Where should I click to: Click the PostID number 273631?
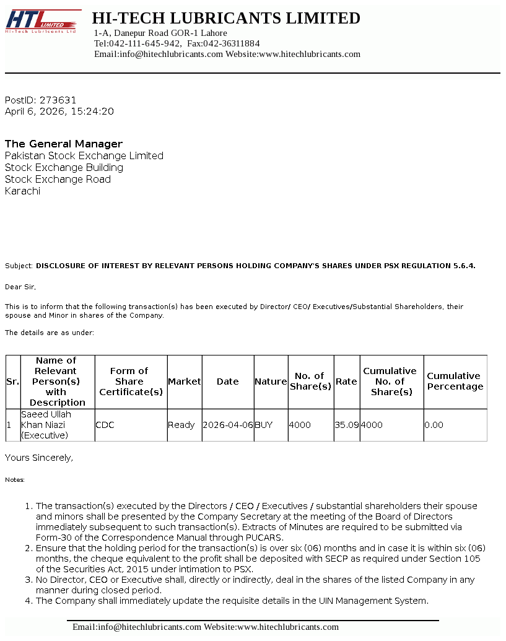pos(58,100)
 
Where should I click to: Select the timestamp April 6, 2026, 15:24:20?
pos(59,111)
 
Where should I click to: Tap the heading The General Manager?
pos(64,144)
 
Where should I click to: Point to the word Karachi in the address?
pos(22,191)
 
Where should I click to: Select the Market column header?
pos(185,382)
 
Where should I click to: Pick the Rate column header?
pos(346,382)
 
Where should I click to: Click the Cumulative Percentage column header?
pos(455,382)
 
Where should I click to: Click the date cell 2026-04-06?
pos(227,425)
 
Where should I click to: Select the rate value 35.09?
pos(346,425)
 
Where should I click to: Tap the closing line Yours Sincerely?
pos(39,458)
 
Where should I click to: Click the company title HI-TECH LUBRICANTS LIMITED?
pos(226,18)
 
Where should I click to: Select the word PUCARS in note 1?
pos(264,538)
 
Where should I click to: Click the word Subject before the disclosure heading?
pos(19,266)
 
